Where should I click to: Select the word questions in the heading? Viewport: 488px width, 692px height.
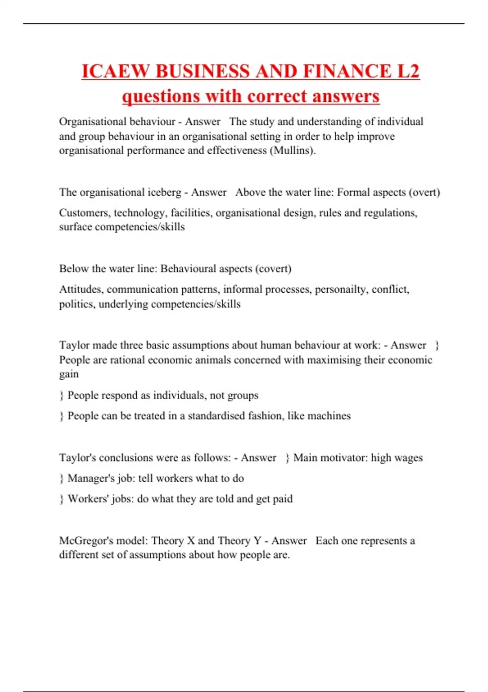click(x=161, y=96)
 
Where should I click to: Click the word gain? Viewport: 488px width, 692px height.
click(x=69, y=374)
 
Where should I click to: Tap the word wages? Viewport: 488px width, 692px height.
click(x=408, y=458)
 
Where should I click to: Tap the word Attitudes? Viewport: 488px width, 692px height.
click(x=81, y=289)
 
